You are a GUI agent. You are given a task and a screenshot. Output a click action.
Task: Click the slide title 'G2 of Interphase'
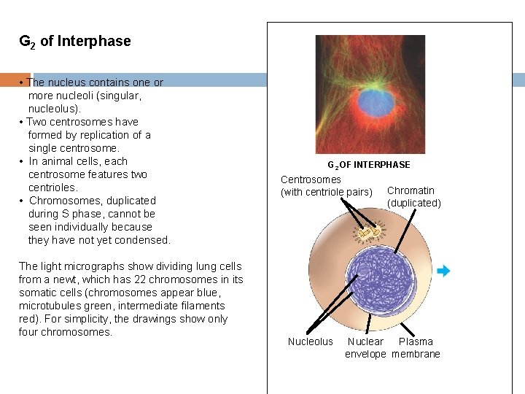[x=75, y=42]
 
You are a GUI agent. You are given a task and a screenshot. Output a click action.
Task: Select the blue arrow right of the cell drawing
[x=443, y=271]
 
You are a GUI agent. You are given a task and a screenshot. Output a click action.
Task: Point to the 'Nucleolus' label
[x=310, y=341]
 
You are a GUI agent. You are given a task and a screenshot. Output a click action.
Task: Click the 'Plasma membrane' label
[x=416, y=348]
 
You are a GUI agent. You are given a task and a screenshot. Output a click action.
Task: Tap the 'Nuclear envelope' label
[x=365, y=348]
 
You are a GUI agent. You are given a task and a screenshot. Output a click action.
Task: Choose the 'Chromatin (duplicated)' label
[x=413, y=197]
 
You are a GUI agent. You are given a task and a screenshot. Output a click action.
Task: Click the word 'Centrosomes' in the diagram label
[x=311, y=179]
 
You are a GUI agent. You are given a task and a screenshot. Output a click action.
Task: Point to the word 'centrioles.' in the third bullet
[x=52, y=188]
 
